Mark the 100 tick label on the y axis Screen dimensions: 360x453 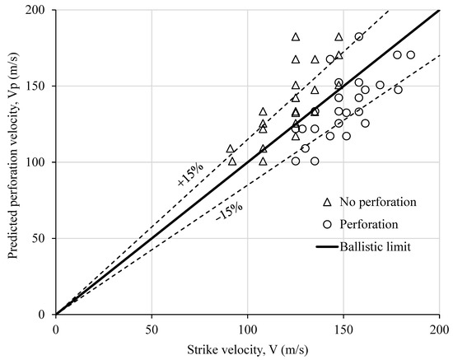[x=38, y=162]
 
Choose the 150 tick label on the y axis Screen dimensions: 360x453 [x=38, y=86]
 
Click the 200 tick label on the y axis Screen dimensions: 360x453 [x=38, y=11]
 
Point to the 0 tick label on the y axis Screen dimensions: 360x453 [x=44, y=315]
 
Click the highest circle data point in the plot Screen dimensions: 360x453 [x=359, y=37]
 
